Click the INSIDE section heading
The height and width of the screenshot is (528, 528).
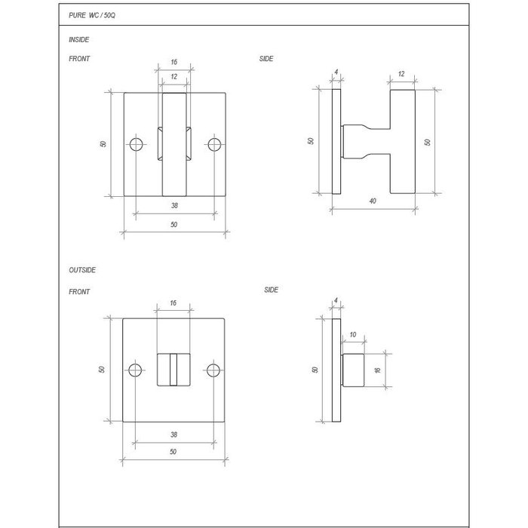pyautogui.click(x=78, y=38)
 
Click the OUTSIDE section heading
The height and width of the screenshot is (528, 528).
pyautogui.click(x=82, y=269)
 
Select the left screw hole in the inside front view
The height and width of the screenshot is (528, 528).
pyautogui.click(x=136, y=144)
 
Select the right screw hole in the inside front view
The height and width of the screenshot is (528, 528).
pyautogui.click(x=214, y=144)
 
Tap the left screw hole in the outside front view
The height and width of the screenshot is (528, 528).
pyautogui.click(x=136, y=370)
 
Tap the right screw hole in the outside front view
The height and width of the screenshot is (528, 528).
pyautogui.click(x=214, y=370)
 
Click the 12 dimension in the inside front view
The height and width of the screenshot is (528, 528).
pyautogui.click(x=174, y=77)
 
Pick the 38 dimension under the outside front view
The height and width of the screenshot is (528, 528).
pyautogui.click(x=173, y=435)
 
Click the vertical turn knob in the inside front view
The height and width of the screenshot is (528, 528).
pyautogui.click(x=174, y=143)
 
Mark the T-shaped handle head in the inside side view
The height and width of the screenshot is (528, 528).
pyautogui.click(x=402, y=143)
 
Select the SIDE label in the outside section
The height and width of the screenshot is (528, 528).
pyautogui.click(x=272, y=290)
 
